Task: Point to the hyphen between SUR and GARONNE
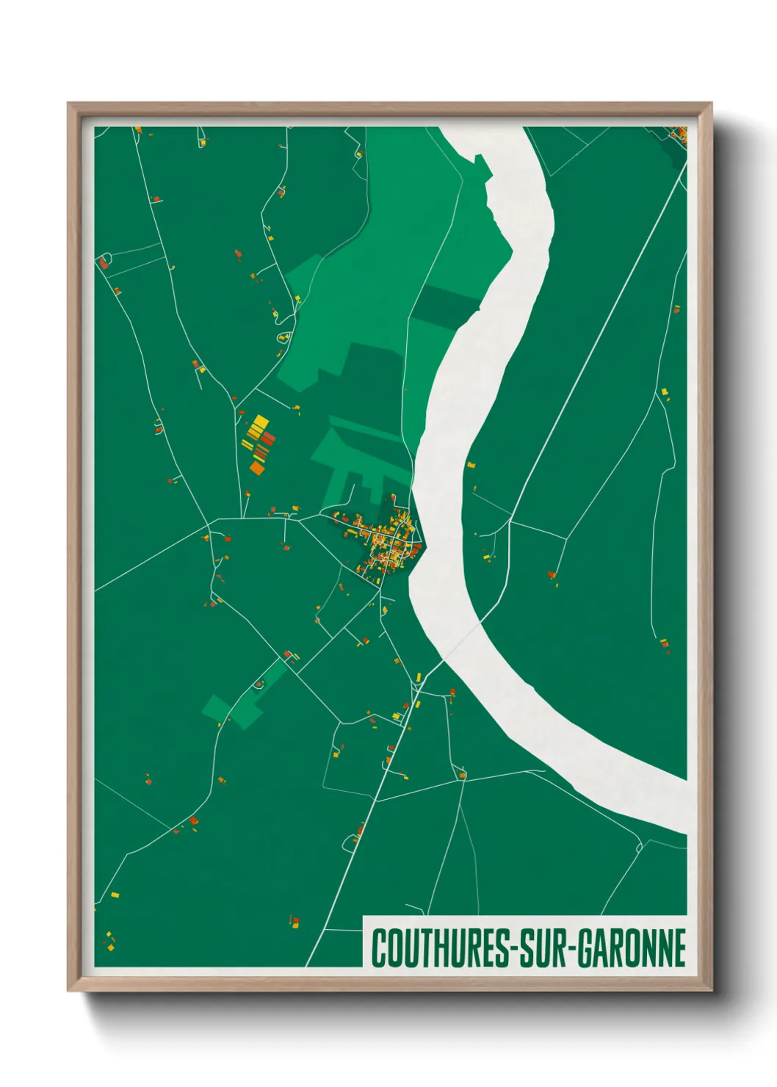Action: (571, 949)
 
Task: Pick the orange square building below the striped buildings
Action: (257, 467)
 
